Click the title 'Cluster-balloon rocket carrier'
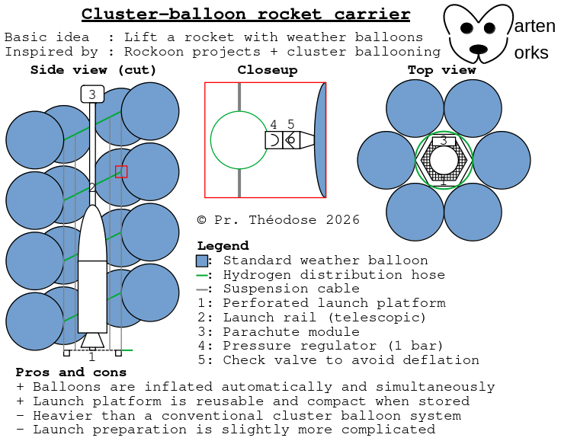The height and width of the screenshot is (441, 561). pos(245,14)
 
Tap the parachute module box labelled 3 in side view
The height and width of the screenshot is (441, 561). pos(92,94)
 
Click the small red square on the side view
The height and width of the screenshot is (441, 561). pos(121,171)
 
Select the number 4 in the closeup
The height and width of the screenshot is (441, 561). pos(274,124)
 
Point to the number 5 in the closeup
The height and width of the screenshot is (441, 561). pos(290,124)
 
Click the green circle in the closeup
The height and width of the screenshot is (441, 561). pos(239,140)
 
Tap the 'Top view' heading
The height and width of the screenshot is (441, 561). pos(441,70)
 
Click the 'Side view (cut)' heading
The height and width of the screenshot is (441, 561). pos(93,70)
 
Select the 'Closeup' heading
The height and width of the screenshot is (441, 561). pos(267,70)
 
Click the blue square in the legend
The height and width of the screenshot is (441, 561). pos(203,261)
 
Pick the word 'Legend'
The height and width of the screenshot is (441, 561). pos(223,246)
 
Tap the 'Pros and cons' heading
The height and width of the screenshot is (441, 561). pos(72,372)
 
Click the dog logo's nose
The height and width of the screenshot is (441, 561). pos(478,50)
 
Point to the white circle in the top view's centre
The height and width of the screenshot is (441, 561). pos(444,161)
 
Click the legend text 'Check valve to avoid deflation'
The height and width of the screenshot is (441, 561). pos(351,360)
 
